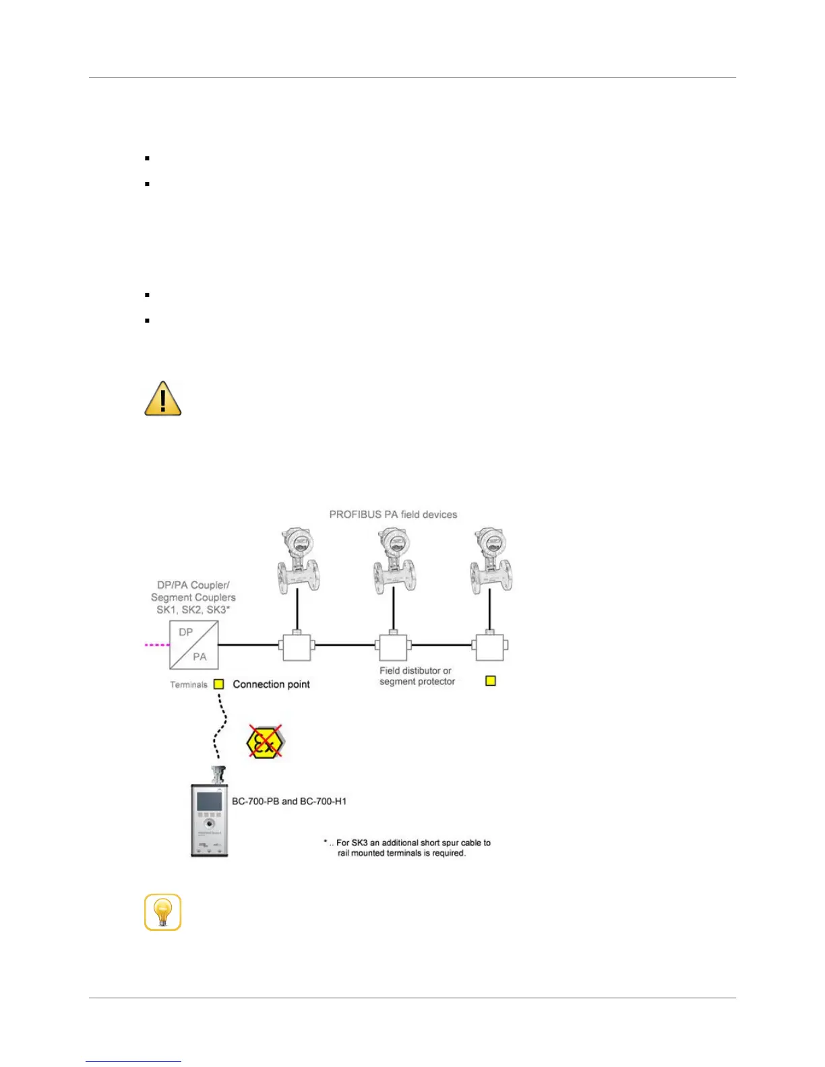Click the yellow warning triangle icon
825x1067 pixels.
[163, 399]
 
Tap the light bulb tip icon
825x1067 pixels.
[163, 912]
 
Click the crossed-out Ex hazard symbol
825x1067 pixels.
[264, 742]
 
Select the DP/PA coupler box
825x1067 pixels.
[193, 645]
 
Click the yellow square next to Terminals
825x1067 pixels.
[218, 684]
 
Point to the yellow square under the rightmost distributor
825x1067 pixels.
[491, 681]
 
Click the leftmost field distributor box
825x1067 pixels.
[297, 646]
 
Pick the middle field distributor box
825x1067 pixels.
[393, 646]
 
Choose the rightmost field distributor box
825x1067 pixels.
[490, 646]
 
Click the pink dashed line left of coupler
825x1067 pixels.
[157, 645]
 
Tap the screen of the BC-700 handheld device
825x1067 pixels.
[209, 802]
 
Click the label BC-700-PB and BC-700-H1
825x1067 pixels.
[289, 801]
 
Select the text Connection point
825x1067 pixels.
[271, 684]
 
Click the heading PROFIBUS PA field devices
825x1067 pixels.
[393, 515]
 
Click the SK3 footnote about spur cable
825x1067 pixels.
[408, 847]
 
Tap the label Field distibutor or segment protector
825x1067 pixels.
[417, 676]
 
